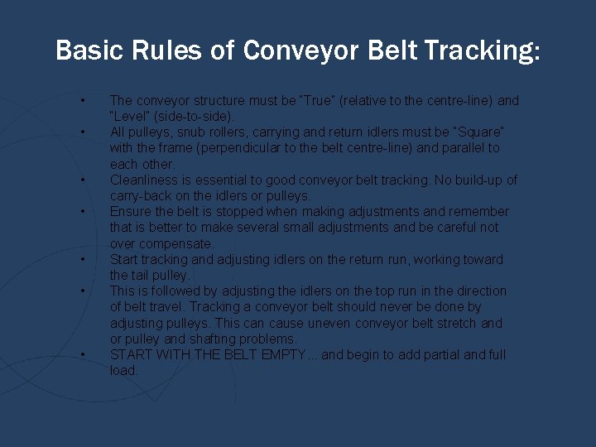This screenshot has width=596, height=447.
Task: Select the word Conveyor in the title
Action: click(x=300, y=51)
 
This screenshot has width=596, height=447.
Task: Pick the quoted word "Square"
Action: click(x=479, y=132)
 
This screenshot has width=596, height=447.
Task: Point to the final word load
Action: click(x=123, y=371)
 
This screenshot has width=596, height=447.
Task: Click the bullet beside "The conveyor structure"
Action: click(x=84, y=101)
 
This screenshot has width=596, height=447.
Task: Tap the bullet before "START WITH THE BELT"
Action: click(x=84, y=355)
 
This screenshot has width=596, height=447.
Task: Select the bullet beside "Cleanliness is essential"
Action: click(x=84, y=180)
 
